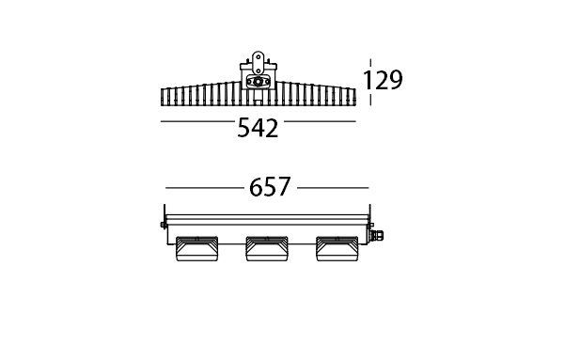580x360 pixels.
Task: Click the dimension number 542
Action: [258, 128]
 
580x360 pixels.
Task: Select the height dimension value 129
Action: [383, 80]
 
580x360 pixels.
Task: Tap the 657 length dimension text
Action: [270, 187]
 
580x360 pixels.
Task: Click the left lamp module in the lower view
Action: [196, 249]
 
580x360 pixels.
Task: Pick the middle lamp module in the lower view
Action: [267, 249]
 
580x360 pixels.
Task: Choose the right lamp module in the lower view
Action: [337, 249]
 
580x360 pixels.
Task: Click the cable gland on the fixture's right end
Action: [377, 234]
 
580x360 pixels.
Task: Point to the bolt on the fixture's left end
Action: [163, 225]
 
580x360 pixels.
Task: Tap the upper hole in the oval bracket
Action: [258, 57]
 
